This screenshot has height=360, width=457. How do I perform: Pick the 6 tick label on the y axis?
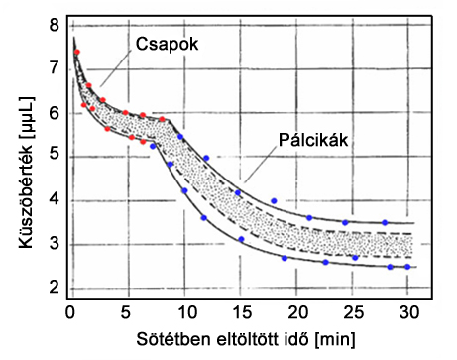click(53, 112)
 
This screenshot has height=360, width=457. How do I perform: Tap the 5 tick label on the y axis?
click(53, 156)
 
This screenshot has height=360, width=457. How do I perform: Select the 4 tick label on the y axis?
click(53, 200)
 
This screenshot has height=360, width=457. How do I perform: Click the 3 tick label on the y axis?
click(53, 244)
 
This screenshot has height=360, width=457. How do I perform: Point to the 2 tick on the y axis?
click(53, 288)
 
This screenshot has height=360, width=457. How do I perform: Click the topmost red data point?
click(76, 52)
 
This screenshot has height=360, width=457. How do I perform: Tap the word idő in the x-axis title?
click(309, 340)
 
